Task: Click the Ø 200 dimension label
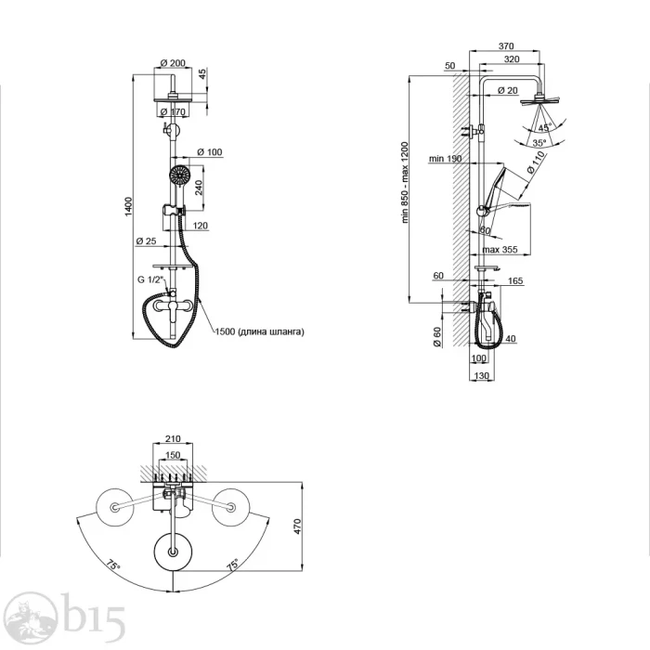pos(173,63)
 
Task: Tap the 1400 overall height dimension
pos(128,206)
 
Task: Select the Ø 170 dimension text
pos(173,112)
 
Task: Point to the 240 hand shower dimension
pos(199,188)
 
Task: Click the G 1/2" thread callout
pos(150,279)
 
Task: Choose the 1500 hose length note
pos(259,331)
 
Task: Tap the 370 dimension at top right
pos(506,46)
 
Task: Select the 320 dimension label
pos(512,59)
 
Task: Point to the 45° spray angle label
pos(545,127)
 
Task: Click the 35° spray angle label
pos(539,143)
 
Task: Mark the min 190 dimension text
pos(445,159)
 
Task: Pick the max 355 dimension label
pos(500,250)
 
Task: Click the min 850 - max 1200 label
pos(405,183)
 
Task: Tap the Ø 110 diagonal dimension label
pos(536,162)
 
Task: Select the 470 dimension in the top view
pos(297,526)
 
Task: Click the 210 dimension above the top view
pos(173,438)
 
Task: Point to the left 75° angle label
pos(112,565)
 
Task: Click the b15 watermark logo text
pos(93,618)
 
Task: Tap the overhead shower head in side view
pos(539,100)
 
